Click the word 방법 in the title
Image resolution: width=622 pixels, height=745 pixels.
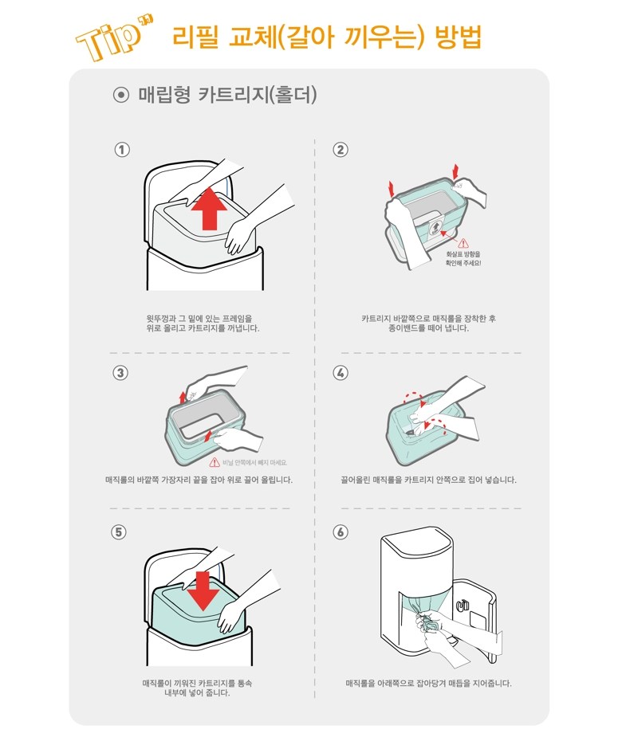pos(459,37)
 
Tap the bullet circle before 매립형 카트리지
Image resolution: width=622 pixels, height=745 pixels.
pos(121,96)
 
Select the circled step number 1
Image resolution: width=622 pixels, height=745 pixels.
pos(122,150)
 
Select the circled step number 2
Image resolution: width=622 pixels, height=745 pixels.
pos(340,150)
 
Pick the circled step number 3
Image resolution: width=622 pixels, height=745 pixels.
pos(120,373)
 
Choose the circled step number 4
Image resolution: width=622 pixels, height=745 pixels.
pos(340,373)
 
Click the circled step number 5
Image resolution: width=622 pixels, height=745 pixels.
pos(119,531)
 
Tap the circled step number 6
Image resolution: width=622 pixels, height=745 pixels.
pos(340,531)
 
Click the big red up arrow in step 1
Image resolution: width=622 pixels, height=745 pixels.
pos(207,208)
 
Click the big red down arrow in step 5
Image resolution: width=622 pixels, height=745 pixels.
pos(203,590)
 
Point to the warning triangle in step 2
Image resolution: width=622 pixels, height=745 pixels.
pos(463,243)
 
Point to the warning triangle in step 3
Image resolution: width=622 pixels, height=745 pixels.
pos(215,462)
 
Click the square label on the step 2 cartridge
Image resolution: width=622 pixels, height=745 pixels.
pos(436,228)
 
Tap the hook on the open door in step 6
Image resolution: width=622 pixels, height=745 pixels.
pos(462,606)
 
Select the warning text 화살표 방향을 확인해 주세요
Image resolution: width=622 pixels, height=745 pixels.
pos(463,258)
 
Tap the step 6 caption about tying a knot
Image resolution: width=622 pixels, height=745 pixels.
pos(428,683)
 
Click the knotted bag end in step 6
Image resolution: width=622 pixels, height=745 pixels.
pos(427,622)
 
